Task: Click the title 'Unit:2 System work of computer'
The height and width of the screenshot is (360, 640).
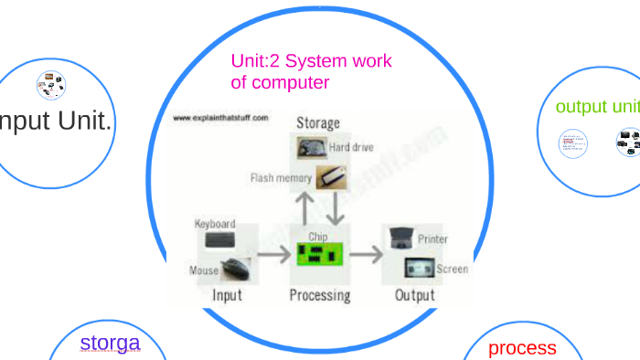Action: tap(311, 71)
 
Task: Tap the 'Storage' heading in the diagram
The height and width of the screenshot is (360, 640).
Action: tap(317, 122)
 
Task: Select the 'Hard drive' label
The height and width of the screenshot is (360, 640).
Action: tap(351, 146)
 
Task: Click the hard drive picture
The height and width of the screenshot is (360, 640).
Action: tap(309, 147)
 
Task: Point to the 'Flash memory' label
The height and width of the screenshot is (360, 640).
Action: tap(281, 178)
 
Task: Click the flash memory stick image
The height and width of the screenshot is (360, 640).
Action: tap(330, 177)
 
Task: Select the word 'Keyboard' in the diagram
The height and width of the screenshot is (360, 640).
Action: tap(215, 224)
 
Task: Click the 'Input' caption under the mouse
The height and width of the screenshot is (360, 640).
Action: tap(227, 295)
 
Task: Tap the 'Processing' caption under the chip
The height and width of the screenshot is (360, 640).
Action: tap(319, 295)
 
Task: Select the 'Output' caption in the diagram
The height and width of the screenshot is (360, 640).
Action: tap(414, 295)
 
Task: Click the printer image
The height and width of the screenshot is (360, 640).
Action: tap(400, 238)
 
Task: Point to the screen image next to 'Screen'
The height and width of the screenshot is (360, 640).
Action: tap(420, 269)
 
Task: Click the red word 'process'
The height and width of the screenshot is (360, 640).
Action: tap(522, 347)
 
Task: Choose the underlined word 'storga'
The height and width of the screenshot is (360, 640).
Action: tap(110, 343)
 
